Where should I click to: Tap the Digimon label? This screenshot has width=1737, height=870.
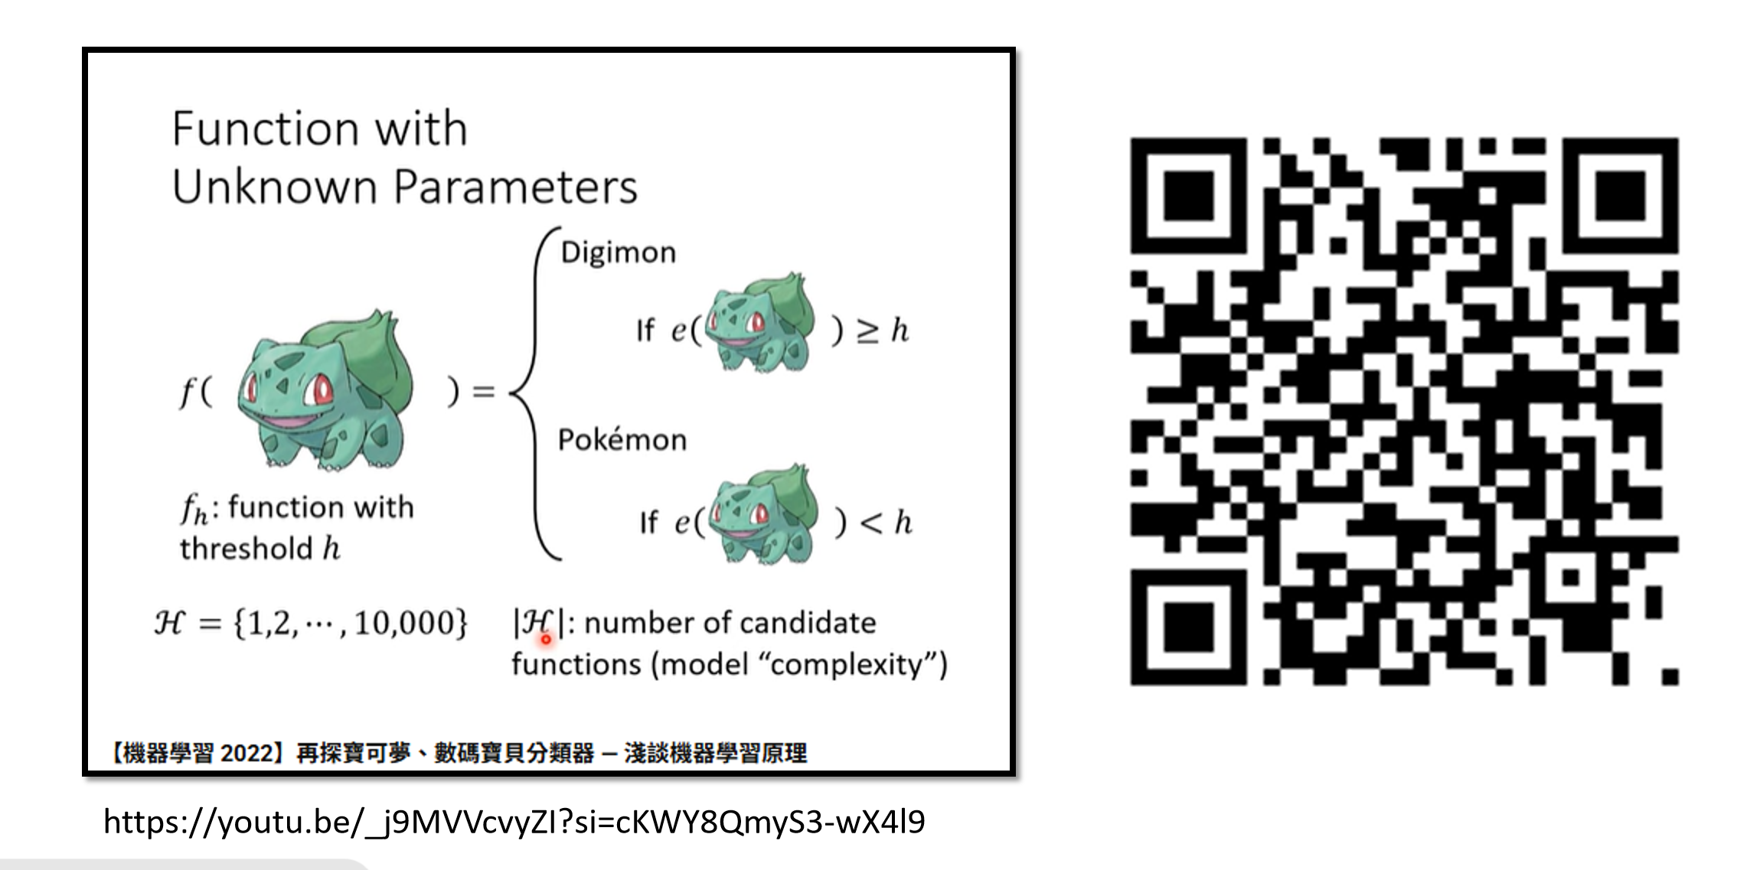(618, 253)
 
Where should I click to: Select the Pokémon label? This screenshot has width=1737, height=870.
(622, 440)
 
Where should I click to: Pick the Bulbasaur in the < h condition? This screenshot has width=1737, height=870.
(763, 514)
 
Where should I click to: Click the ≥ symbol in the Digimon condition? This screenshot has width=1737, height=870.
(867, 331)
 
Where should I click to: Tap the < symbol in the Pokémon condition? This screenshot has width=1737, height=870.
(871, 523)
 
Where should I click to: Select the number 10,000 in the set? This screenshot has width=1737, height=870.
(409, 624)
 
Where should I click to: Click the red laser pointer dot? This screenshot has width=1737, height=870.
(546, 639)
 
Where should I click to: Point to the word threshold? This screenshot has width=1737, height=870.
(247, 549)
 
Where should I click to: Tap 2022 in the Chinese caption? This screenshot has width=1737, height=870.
(246, 753)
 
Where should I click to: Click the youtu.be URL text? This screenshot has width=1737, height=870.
(514, 822)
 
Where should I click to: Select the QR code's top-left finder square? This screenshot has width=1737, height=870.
(1188, 196)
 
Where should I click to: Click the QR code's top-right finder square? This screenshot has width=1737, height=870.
(1621, 196)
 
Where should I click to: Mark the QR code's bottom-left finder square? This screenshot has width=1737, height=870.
(1188, 627)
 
